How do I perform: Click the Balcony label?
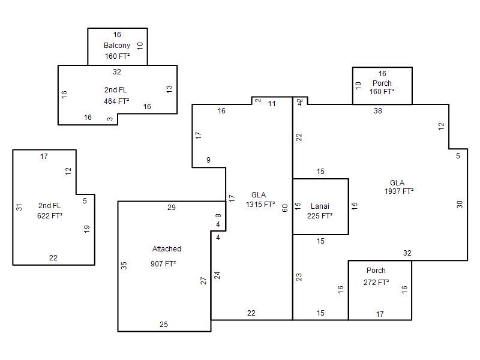point(117,46)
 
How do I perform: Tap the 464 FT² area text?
point(116,101)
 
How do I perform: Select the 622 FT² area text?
point(50,215)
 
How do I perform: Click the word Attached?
point(167,249)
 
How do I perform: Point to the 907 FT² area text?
point(163,264)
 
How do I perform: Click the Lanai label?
point(320,206)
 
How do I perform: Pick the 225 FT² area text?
point(320,215)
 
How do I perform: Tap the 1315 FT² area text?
point(260,205)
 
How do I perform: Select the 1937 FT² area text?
point(399,191)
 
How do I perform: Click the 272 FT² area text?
point(376,282)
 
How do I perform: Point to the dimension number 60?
point(285,208)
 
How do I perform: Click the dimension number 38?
point(377,111)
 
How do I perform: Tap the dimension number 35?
point(124,265)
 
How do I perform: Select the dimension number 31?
point(19,207)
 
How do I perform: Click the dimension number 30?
point(460,204)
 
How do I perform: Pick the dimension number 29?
point(172,208)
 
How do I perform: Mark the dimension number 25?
point(164,325)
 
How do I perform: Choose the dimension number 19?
point(87,229)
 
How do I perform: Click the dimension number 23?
point(299,277)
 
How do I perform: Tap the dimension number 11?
point(272,104)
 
